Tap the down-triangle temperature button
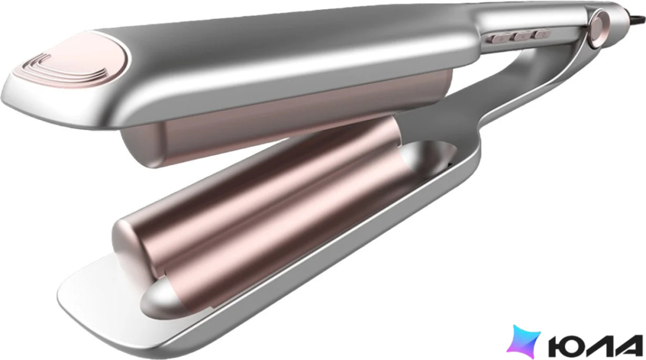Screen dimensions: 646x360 click(x=521, y=36)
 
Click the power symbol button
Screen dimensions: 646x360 click(x=542, y=35)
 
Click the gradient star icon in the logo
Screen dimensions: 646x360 click(x=523, y=341)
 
